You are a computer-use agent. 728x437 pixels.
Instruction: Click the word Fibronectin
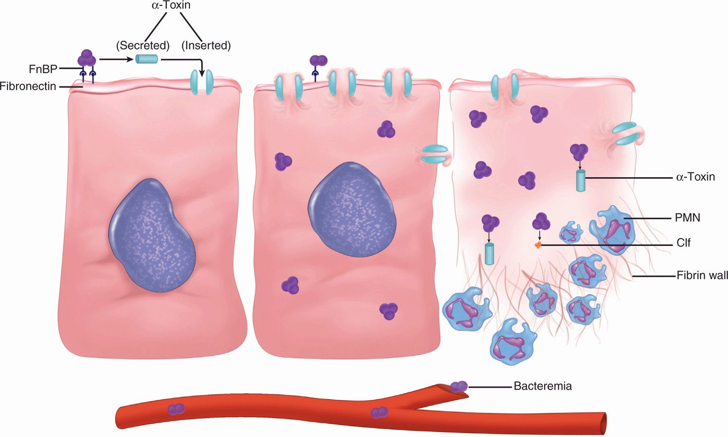(x=28, y=86)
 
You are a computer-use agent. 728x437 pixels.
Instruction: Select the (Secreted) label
(x=143, y=46)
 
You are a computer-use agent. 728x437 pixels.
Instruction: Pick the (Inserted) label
(x=206, y=46)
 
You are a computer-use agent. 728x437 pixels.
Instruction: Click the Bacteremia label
(x=543, y=386)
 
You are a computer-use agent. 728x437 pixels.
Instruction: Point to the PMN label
(x=687, y=218)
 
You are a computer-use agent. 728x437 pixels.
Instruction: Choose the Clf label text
(x=683, y=243)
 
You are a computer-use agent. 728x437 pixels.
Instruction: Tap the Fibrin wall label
(x=702, y=275)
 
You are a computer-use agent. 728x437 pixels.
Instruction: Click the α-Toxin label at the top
(x=171, y=5)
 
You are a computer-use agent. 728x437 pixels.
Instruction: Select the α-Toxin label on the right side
(x=695, y=177)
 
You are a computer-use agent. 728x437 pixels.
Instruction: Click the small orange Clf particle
(x=538, y=245)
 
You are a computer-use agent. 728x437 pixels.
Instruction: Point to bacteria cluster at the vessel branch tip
(x=459, y=385)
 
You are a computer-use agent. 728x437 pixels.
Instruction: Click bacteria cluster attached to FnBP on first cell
(x=87, y=58)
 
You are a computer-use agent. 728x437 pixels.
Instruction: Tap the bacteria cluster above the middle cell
(x=318, y=60)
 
